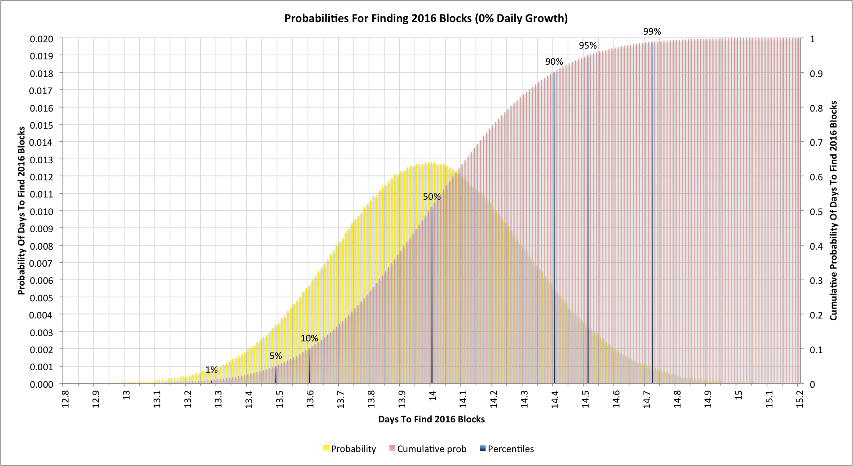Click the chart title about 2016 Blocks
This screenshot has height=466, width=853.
click(426, 18)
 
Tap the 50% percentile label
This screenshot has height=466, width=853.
click(432, 197)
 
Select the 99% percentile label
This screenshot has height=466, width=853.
click(652, 31)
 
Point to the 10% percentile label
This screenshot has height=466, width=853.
click(309, 338)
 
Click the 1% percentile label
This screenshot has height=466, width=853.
click(211, 370)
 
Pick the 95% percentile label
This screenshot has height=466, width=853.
click(588, 45)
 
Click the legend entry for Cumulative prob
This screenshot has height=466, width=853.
click(431, 449)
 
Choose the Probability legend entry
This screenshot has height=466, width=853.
click(353, 449)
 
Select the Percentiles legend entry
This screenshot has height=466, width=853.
click(510, 449)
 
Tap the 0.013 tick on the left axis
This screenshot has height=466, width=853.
click(41, 160)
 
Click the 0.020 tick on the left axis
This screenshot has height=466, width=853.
click(41, 39)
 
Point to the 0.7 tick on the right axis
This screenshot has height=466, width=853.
click(816, 143)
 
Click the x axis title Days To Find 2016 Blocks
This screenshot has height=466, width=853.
click(431, 419)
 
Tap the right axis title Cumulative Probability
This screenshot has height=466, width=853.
click(834, 211)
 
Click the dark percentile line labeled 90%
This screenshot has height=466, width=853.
click(554, 225)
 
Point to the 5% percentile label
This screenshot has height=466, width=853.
click(276, 356)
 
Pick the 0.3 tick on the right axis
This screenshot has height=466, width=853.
click(816, 281)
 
